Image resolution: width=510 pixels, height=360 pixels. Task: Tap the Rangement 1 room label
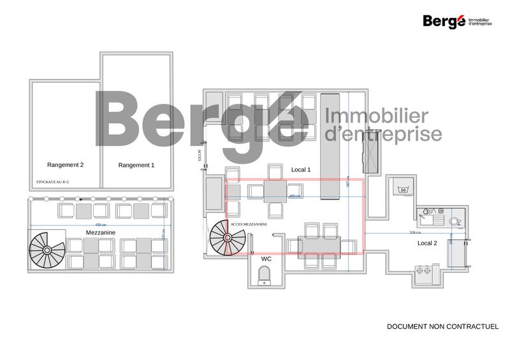[x=136, y=165]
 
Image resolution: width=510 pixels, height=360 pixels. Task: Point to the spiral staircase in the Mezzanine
[x=47, y=250]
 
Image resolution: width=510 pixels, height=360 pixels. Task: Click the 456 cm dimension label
[x=100, y=225]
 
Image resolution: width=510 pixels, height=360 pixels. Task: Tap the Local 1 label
[x=301, y=169]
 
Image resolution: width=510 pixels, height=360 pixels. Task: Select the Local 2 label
[x=427, y=243]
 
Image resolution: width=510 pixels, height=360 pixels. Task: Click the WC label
[x=266, y=259]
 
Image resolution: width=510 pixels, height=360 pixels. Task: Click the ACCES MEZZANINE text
[x=249, y=225]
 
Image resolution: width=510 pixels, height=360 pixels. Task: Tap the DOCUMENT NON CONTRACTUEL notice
[x=442, y=326]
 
